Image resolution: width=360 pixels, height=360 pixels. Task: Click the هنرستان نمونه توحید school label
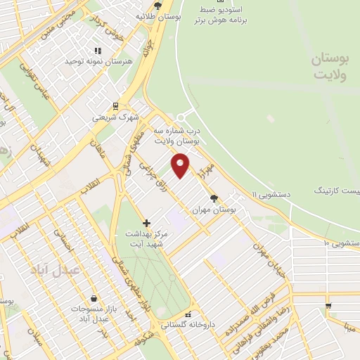point(98,61)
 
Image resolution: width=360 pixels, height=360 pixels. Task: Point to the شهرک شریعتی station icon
point(115,107)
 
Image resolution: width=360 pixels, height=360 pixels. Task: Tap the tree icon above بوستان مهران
point(214,198)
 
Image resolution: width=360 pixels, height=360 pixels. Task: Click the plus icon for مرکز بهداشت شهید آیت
point(146,223)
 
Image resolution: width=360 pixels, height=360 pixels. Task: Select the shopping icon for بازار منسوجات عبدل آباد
point(94,299)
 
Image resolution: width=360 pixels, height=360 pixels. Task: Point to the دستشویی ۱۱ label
point(269,192)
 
